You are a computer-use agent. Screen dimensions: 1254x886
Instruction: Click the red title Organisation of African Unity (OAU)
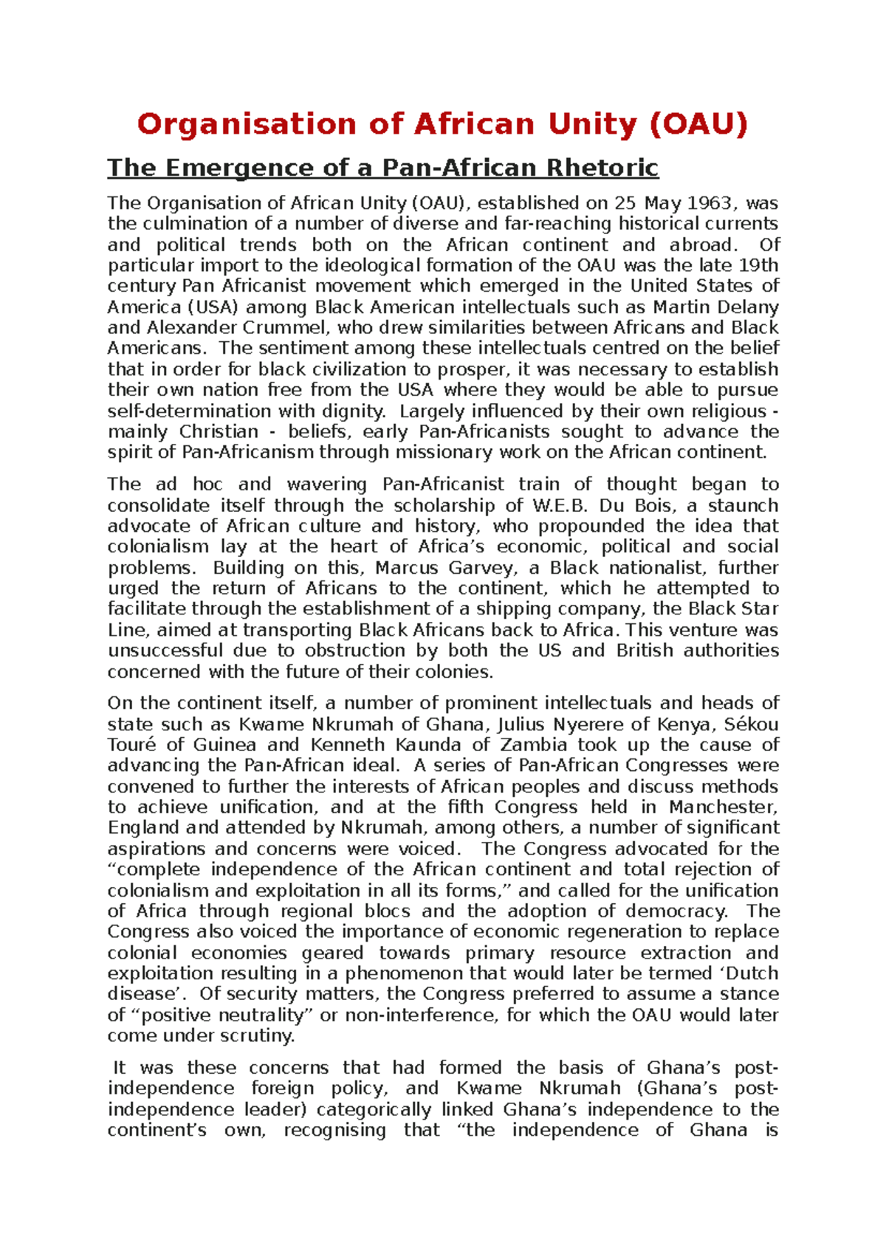tap(442, 124)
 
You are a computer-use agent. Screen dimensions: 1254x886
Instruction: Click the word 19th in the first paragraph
tap(758, 266)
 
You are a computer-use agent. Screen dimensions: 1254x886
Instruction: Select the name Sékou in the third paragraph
tap(751, 724)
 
